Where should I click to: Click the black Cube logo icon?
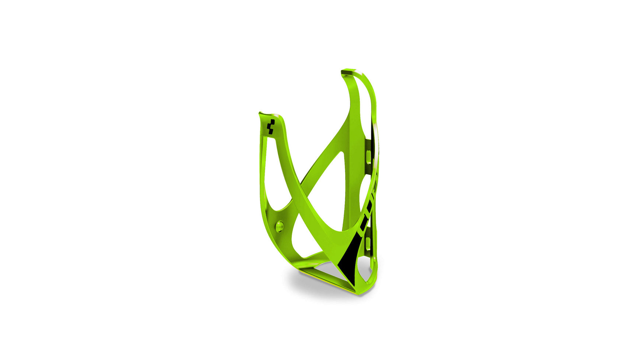[270, 127]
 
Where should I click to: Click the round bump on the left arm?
[280, 226]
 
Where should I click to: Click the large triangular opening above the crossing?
[330, 184]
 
